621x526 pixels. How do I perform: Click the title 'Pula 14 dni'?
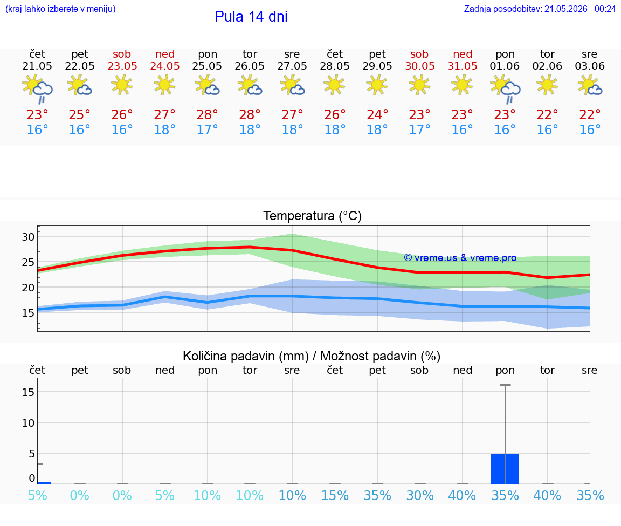(x=251, y=17)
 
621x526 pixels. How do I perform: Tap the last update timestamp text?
(x=540, y=9)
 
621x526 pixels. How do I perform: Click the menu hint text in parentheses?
(x=60, y=9)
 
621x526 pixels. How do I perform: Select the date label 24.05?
(x=165, y=66)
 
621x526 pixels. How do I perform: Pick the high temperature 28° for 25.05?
(x=207, y=115)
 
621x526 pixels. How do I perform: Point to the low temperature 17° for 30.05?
(x=419, y=129)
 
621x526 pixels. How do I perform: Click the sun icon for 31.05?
(x=462, y=85)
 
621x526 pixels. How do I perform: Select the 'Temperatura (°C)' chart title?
(x=313, y=216)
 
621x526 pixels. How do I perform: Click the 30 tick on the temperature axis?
(x=28, y=237)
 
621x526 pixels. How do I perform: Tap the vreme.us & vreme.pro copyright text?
(x=460, y=258)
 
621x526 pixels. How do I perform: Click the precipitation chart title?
(x=311, y=357)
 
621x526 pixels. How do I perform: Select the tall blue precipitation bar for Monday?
(x=505, y=469)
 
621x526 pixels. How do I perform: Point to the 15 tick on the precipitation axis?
(x=28, y=392)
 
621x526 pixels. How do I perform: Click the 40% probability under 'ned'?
(x=462, y=496)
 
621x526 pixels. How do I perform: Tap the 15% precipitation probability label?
(x=335, y=496)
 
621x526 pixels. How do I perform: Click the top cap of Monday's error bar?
(x=505, y=385)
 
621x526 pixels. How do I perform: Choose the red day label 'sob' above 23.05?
(x=122, y=54)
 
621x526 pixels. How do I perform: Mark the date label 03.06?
(x=590, y=66)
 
